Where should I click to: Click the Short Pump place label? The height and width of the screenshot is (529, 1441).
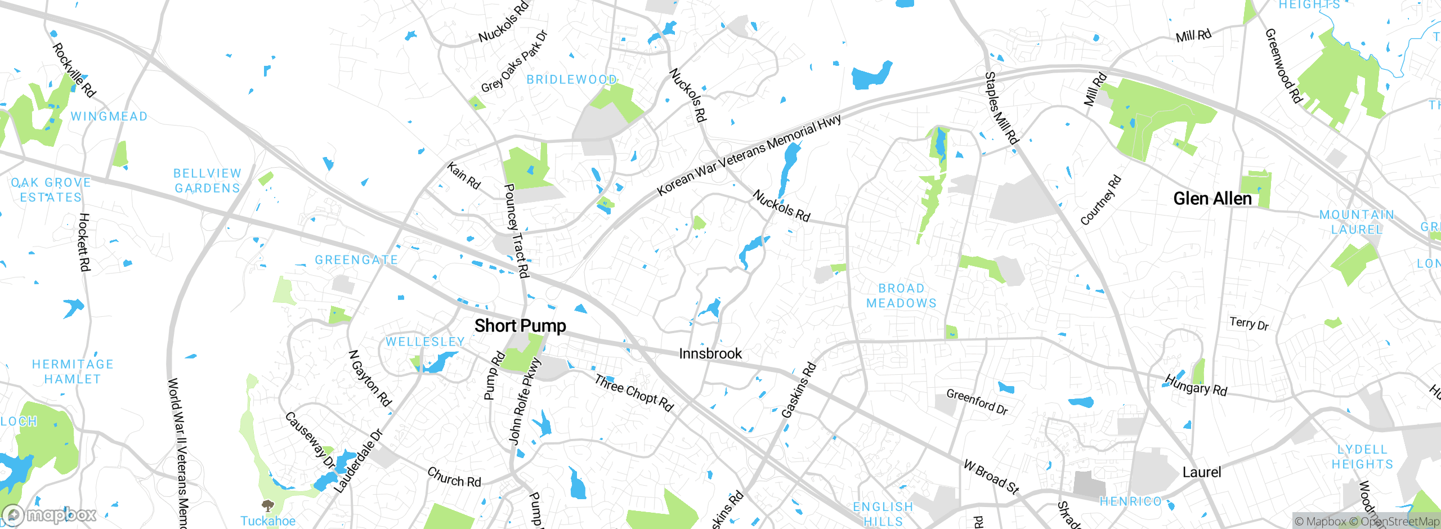pos(520,326)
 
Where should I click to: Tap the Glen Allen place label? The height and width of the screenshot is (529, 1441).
pos(1212,199)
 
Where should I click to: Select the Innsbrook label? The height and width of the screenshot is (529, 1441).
pos(710,353)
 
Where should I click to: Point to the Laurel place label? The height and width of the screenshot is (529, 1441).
pos(1201,472)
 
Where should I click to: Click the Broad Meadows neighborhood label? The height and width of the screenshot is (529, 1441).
pos(901,295)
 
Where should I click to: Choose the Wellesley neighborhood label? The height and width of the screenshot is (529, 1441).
pos(425,342)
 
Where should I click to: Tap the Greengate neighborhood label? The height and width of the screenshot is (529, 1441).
pos(356,260)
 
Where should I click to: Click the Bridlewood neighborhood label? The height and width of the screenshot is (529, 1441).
pos(571,80)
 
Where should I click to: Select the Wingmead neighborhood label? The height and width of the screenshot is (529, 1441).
pos(109,116)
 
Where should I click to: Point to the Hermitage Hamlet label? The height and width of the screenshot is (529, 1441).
pos(73,371)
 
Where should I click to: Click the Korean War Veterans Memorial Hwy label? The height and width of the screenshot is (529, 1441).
pos(749,155)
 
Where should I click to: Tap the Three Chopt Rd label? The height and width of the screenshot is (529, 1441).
pos(634,393)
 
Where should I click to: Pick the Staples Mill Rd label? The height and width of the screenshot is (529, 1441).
pos(1001,108)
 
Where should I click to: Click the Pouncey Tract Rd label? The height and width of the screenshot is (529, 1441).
pos(516,230)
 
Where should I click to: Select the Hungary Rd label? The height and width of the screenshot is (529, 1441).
pos(1196,385)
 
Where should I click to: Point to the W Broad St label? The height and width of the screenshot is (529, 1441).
pos(991,477)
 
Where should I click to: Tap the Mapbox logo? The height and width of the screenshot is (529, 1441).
pos(50,514)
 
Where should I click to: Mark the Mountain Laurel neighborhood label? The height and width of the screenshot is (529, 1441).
pos(1357,222)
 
